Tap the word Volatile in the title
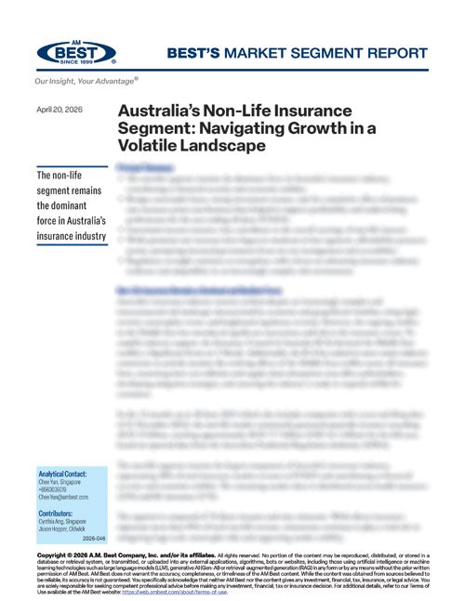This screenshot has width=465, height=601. pos(153,146)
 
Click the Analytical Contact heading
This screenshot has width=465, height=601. pos(63,472)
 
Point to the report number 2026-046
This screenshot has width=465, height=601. pos(95,538)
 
